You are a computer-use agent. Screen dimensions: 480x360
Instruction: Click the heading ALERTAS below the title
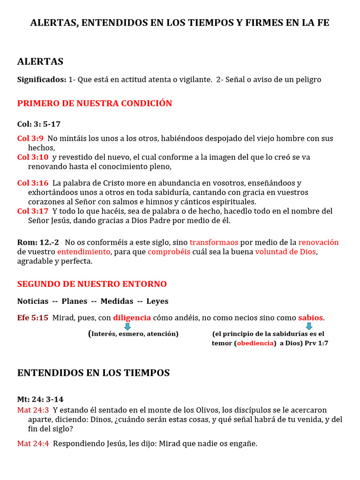(x=40, y=62)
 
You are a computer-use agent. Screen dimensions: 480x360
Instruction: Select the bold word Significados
(x=41, y=80)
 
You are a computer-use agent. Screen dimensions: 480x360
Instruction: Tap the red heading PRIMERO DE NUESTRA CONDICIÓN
(x=95, y=104)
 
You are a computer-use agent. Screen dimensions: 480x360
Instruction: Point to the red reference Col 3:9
(x=30, y=138)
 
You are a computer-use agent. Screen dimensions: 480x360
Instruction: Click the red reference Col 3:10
(x=33, y=157)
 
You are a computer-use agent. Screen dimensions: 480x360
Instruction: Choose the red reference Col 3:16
(x=33, y=183)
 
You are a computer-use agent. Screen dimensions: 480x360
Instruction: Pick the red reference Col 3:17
(x=33, y=211)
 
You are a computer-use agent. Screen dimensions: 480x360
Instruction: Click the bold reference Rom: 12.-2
(x=38, y=242)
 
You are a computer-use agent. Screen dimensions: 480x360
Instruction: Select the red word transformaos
(x=214, y=242)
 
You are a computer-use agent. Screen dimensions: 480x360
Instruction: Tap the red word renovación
(x=318, y=242)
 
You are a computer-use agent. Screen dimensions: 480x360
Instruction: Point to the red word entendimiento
(x=84, y=252)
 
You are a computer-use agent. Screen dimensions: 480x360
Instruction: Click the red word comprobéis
(x=169, y=252)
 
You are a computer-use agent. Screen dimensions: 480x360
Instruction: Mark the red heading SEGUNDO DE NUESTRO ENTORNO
(x=92, y=284)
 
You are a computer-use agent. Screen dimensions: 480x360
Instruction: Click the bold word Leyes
(x=157, y=301)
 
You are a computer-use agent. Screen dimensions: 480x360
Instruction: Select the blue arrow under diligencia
(x=127, y=326)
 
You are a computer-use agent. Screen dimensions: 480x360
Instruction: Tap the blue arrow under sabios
(x=309, y=326)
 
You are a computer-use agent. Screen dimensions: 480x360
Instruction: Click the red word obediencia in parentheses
(x=256, y=343)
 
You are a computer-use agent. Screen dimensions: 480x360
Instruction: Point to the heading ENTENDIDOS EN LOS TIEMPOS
(x=93, y=373)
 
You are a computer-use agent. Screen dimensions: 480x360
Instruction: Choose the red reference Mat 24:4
(x=33, y=443)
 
